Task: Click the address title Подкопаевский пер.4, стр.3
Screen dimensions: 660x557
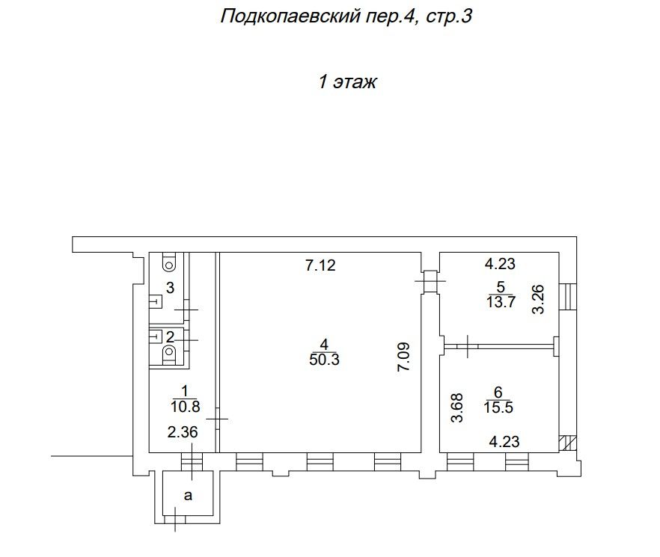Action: click(346, 17)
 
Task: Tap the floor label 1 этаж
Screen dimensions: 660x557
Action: click(347, 81)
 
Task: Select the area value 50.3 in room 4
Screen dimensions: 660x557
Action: click(324, 360)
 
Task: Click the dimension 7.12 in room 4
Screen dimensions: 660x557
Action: click(320, 265)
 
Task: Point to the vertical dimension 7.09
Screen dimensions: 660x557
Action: click(403, 357)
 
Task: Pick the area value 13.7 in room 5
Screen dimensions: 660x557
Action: click(501, 302)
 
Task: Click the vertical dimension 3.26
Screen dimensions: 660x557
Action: click(538, 300)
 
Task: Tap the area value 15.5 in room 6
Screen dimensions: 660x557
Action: click(498, 407)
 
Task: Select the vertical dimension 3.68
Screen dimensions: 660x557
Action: click(456, 407)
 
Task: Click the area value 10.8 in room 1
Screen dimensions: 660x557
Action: click(186, 407)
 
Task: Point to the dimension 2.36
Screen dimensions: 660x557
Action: click(183, 432)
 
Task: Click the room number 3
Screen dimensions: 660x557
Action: click(170, 288)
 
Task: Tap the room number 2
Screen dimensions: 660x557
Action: click(170, 337)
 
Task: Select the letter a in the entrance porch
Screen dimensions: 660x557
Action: click(188, 496)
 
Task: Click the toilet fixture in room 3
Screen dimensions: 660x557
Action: click(169, 262)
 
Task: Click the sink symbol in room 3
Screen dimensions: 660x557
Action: click(156, 301)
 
